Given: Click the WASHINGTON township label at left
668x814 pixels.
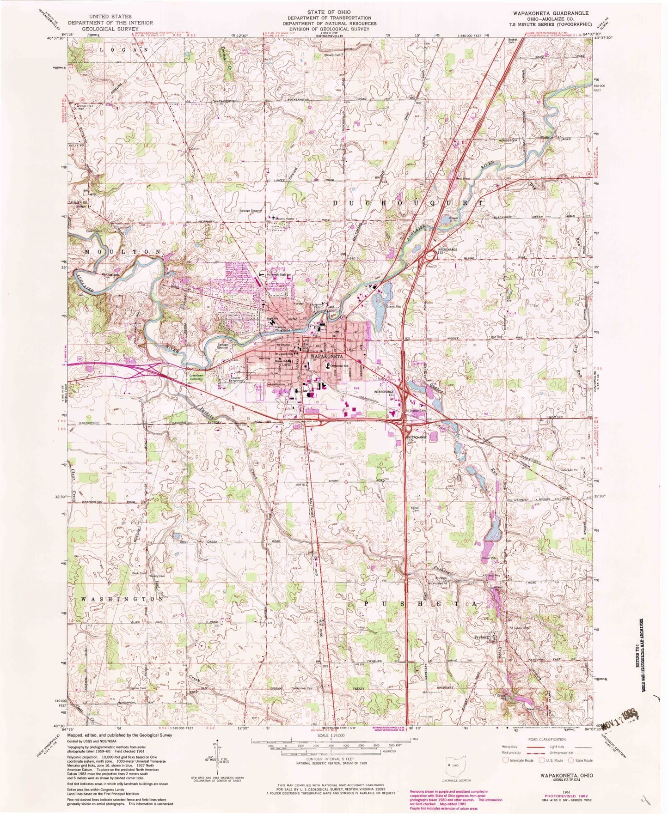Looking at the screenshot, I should (x=122, y=598).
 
